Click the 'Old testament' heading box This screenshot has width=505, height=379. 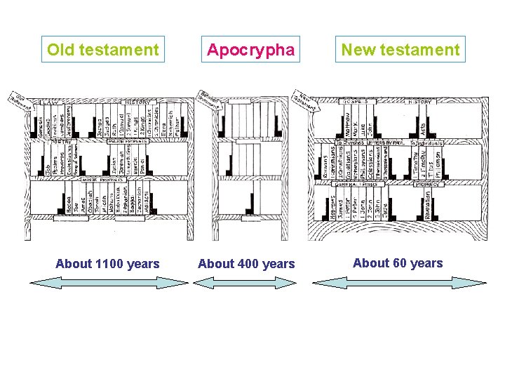pos(102,50)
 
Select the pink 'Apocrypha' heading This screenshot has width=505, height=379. pos(251,50)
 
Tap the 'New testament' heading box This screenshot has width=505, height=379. pos(400,50)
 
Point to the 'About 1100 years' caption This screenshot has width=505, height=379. pos(107,264)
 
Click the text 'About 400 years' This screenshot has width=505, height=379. pos(246,264)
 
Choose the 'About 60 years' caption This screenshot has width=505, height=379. pos(398,263)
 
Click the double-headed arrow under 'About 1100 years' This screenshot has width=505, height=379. pos(109,282)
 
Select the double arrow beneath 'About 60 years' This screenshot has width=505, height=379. pos(398,282)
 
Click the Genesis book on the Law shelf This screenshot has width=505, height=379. pos(40,122)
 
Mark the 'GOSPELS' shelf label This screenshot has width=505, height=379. pos(357,102)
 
